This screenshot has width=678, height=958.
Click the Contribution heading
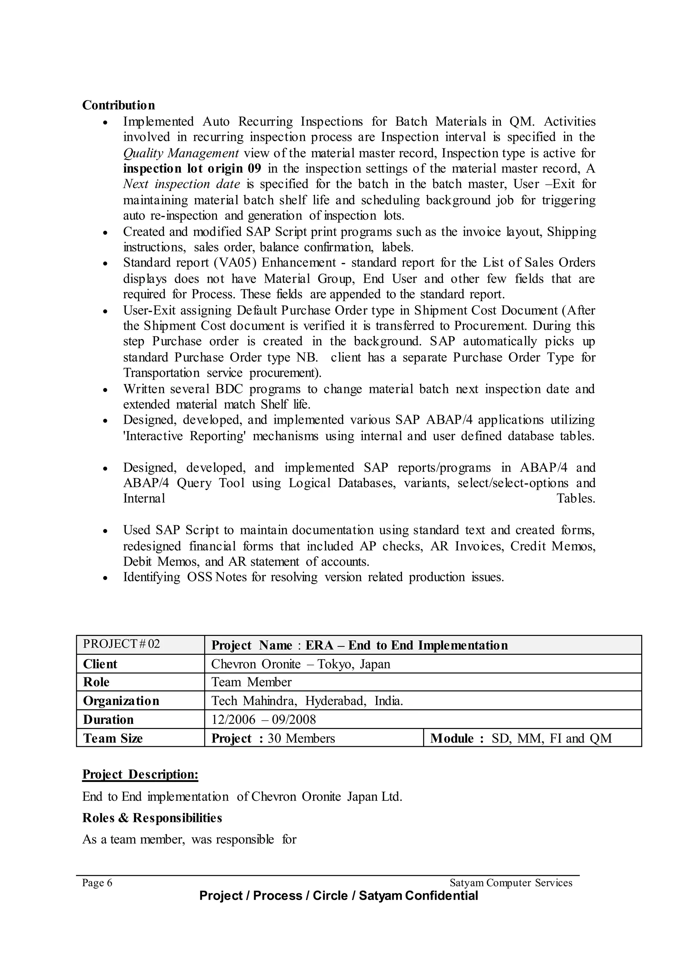click(118, 105)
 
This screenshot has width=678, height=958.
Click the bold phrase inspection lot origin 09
click(192, 168)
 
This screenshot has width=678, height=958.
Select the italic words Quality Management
click(181, 153)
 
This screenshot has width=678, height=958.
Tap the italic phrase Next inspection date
click(182, 184)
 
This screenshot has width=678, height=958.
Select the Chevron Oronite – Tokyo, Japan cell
click(301, 664)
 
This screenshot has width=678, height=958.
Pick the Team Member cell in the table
click(251, 682)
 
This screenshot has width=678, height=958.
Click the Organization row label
click(121, 701)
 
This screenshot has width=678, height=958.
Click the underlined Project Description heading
click(140, 774)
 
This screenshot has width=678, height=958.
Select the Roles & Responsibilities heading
click(152, 818)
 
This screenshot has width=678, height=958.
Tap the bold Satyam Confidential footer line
click(338, 896)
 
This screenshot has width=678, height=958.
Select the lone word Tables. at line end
click(575, 499)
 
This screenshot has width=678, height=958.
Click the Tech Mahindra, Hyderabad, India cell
click(307, 701)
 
